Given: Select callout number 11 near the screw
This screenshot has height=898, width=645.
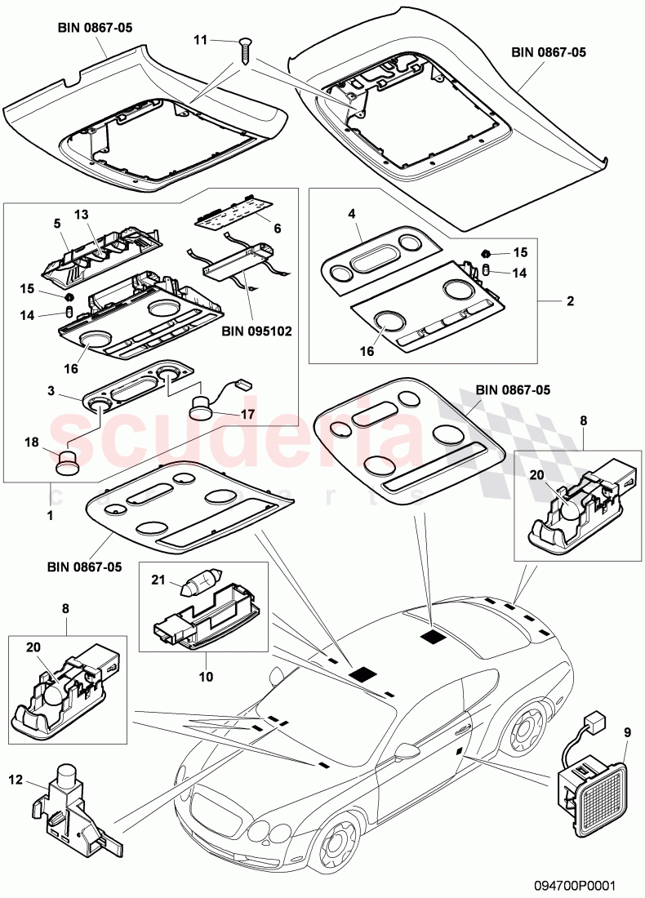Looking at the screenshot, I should [x=201, y=39].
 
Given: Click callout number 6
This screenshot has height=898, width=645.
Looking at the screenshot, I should [x=276, y=229].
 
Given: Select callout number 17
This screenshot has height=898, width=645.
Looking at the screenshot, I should [x=247, y=415].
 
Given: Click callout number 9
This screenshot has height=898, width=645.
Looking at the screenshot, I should [x=627, y=733].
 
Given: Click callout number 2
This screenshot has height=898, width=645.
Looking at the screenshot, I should [x=570, y=301].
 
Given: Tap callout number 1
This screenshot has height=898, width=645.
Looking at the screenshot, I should [x=50, y=517].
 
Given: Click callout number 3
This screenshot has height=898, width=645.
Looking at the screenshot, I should [x=51, y=392].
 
